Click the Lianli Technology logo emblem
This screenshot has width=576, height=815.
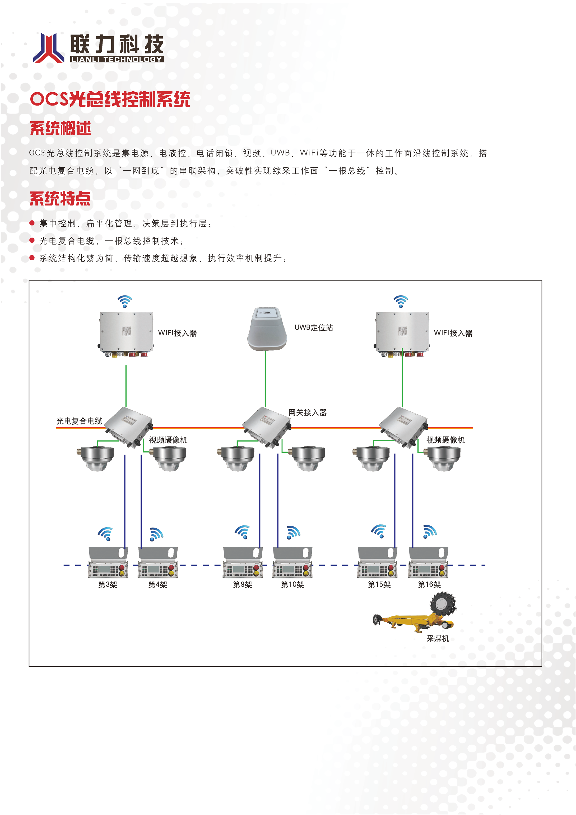(49, 48)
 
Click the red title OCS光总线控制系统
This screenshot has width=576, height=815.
(110, 99)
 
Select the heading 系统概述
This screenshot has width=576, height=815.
(60, 129)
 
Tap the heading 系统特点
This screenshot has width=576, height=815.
(60, 198)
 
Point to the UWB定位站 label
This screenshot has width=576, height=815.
(314, 328)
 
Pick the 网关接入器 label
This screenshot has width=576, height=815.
(308, 413)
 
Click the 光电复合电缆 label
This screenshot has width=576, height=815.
(79, 421)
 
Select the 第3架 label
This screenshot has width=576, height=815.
(108, 585)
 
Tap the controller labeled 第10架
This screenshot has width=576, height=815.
(292, 563)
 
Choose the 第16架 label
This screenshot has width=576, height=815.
(429, 585)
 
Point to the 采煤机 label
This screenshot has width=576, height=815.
(438, 639)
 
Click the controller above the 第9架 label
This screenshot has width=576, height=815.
(243, 563)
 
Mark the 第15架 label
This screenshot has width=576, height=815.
(379, 585)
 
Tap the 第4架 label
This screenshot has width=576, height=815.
(157, 585)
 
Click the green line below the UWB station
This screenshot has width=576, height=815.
(265, 378)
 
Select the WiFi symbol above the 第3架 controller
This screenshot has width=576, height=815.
(106, 534)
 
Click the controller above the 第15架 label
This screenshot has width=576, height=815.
(377, 563)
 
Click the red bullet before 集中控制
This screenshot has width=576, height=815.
(32, 223)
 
